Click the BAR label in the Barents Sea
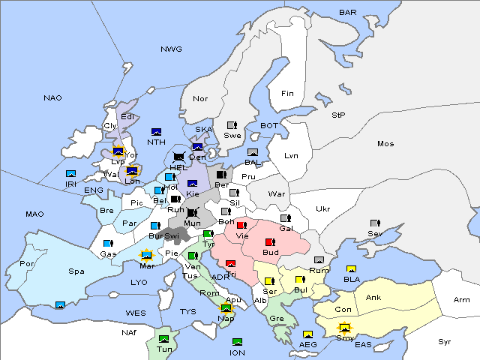point(347,12)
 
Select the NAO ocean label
point(52,97)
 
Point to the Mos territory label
point(385,143)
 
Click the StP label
point(338,115)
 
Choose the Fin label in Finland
point(287,93)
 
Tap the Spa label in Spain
point(76,271)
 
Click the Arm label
point(462,300)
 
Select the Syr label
point(445,341)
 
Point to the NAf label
point(130,331)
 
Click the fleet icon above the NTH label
point(157,132)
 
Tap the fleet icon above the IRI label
point(71,174)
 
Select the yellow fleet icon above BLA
point(351,269)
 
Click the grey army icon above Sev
point(375,223)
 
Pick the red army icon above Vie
point(241,225)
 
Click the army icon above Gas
point(108,244)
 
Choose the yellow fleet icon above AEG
point(307,334)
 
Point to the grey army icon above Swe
point(232,125)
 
